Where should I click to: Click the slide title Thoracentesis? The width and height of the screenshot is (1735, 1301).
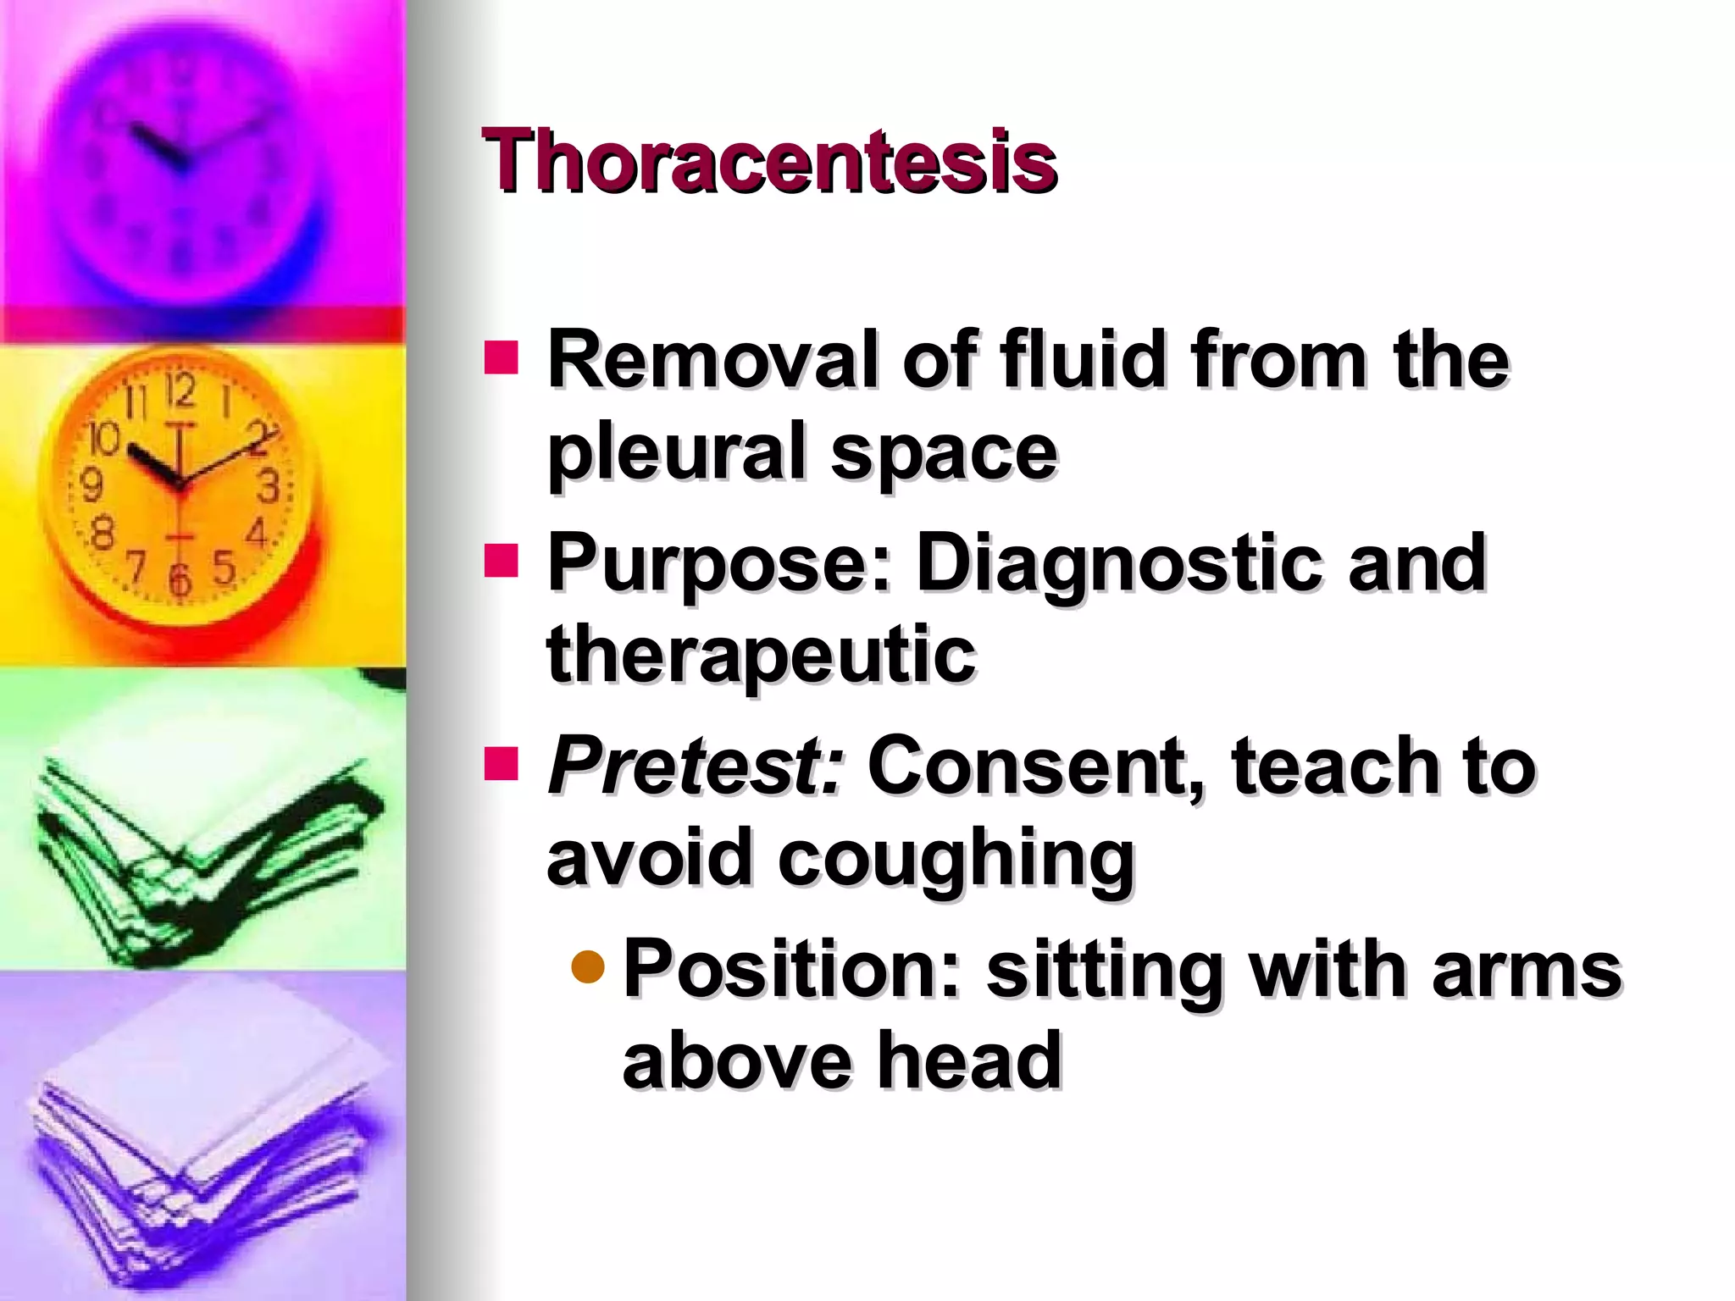pos(769,161)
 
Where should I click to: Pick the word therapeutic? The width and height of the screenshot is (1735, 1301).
pos(761,654)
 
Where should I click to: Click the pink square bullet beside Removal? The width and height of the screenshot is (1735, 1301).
pos(501,357)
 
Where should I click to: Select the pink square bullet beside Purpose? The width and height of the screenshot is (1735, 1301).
pos(501,559)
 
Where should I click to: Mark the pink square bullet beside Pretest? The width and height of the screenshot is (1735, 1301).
pos(501,762)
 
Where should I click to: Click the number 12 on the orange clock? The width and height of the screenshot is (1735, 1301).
pos(180,390)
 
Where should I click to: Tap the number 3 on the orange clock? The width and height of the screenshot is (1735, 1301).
pos(269,486)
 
